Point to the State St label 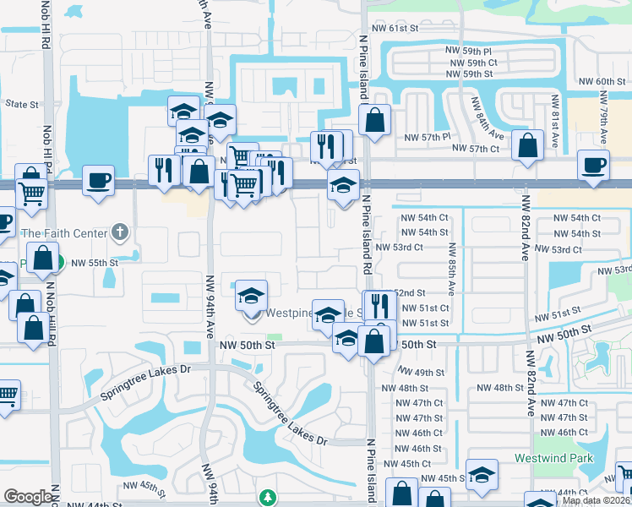click(22, 105)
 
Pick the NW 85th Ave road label click(452, 270)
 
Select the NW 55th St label click(95, 263)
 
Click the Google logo click(28, 497)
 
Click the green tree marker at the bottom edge click(268, 497)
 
